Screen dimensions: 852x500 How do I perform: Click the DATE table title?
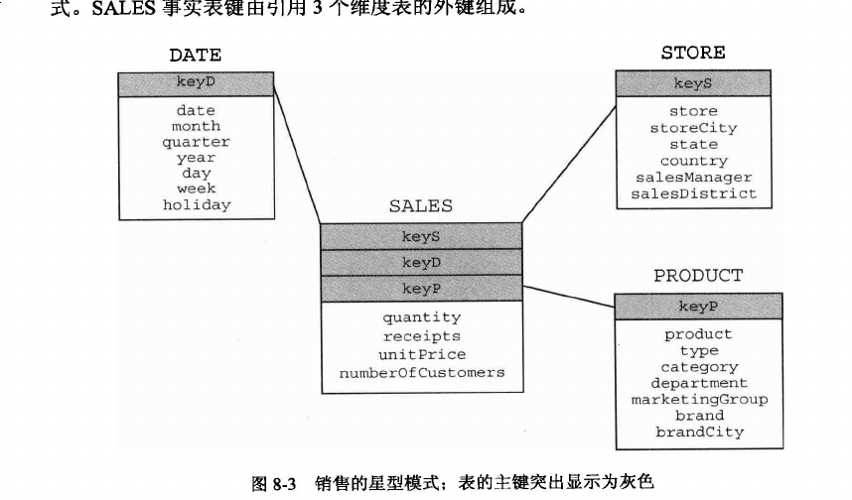coord(195,56)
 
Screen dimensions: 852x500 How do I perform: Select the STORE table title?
coord(693,53)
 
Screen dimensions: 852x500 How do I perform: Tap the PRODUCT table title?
coord(698,276)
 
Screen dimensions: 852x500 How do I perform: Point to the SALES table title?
coord(421,205)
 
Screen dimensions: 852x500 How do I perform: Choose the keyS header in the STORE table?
coord(693,83)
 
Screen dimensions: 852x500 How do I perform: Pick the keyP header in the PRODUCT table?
coord(698,307)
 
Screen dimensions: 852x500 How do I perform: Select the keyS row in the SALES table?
coord(421,237)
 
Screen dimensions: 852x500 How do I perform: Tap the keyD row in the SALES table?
coord(421,263)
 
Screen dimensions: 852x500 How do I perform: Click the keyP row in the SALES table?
coord(421,289)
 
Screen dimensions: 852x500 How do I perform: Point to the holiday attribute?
coord(197,204)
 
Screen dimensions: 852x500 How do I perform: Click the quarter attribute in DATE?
coord(197,142)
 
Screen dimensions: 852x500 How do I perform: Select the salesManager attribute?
coord(694,178)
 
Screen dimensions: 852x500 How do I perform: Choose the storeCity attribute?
coord(694,128)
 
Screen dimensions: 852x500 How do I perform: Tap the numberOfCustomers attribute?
coord(422,373)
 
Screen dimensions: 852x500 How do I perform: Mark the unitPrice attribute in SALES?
coord(422,354)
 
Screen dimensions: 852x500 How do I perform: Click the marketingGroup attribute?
coord(699,400)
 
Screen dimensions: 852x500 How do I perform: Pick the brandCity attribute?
coord(699,433)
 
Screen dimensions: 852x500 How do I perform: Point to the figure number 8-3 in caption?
coord(284,483)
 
